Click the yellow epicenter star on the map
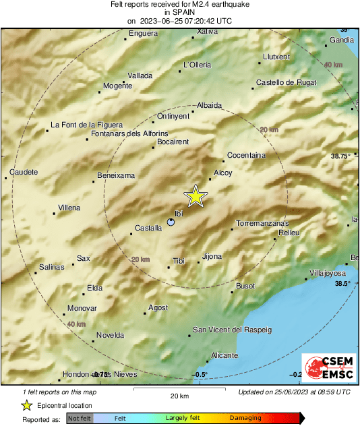point(196,195)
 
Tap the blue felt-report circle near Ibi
point(171,221)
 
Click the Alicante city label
point(224,355)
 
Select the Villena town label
point(69,208)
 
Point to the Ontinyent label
point(173,116)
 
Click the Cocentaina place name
point(246,155)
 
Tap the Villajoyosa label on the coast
point(327,273)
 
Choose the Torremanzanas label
point(263,223)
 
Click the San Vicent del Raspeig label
point(232,330)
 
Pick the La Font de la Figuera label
point(87,125)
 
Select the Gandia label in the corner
point(342,40)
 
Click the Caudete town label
point(24,172)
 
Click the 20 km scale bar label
point(179,395)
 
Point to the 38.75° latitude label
point(341,156)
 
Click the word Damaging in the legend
point(245,419)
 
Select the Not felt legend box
point(79,419)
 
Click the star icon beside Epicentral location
point(26,405)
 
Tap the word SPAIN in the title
point(179,12)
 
